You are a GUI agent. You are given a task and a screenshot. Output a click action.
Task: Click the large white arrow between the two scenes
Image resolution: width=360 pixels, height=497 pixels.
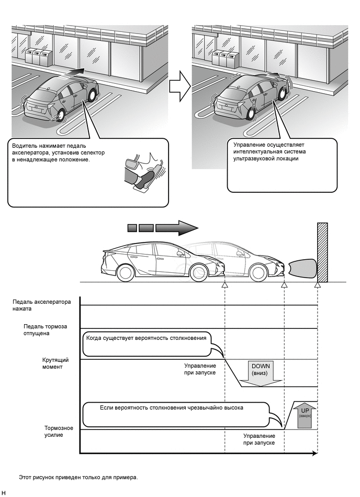point(180,86)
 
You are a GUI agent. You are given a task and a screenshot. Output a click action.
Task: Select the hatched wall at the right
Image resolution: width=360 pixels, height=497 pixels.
point(322,253)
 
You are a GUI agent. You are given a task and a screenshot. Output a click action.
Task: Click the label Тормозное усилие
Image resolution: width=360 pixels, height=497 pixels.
point(59,431)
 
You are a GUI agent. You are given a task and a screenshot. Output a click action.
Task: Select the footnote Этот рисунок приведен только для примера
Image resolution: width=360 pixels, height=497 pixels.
point(78,477)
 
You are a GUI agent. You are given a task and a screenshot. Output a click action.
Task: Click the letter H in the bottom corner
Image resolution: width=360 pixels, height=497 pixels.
point(4,493)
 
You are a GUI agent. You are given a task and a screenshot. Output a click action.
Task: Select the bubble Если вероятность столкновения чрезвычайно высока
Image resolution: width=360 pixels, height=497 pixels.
point(172,407)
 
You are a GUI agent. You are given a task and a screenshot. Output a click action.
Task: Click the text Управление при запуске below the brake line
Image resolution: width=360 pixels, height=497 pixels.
point(259,439)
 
